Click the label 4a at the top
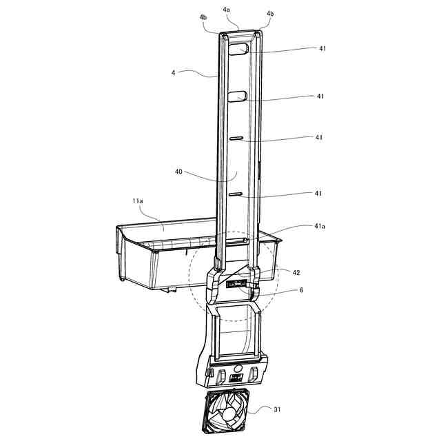click(227, 10)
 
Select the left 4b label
click(203, 17)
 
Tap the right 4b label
click(270, 14)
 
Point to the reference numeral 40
click(178, 172)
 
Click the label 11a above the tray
click(138, 201)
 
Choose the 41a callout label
click(320, 226)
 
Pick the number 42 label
click(296, 273)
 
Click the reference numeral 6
click(302, 290)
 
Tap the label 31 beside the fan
click(277, 409)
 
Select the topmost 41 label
click(322, 48)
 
